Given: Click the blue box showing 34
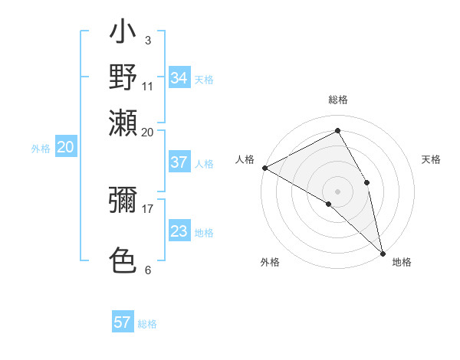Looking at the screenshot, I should point(179,78).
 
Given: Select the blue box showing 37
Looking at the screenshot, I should point(179,162).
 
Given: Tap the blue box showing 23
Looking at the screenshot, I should point(179,231).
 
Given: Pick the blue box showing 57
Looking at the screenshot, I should point(123,322).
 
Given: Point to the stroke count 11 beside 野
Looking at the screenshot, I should point(147,85).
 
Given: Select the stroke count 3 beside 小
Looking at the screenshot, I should point(147,41).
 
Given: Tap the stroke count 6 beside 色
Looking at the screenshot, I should point(147,270).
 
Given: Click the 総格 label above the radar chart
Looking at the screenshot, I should point(337,100).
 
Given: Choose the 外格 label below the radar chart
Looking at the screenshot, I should point(270,262).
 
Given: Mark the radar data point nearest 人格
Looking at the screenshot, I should point(264,167).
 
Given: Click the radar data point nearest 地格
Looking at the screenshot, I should point(383,252).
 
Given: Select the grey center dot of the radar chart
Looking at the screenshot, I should point(337,190).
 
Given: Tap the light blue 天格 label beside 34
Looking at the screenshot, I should point(204,80).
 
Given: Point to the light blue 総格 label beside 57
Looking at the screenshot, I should point(147,324).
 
